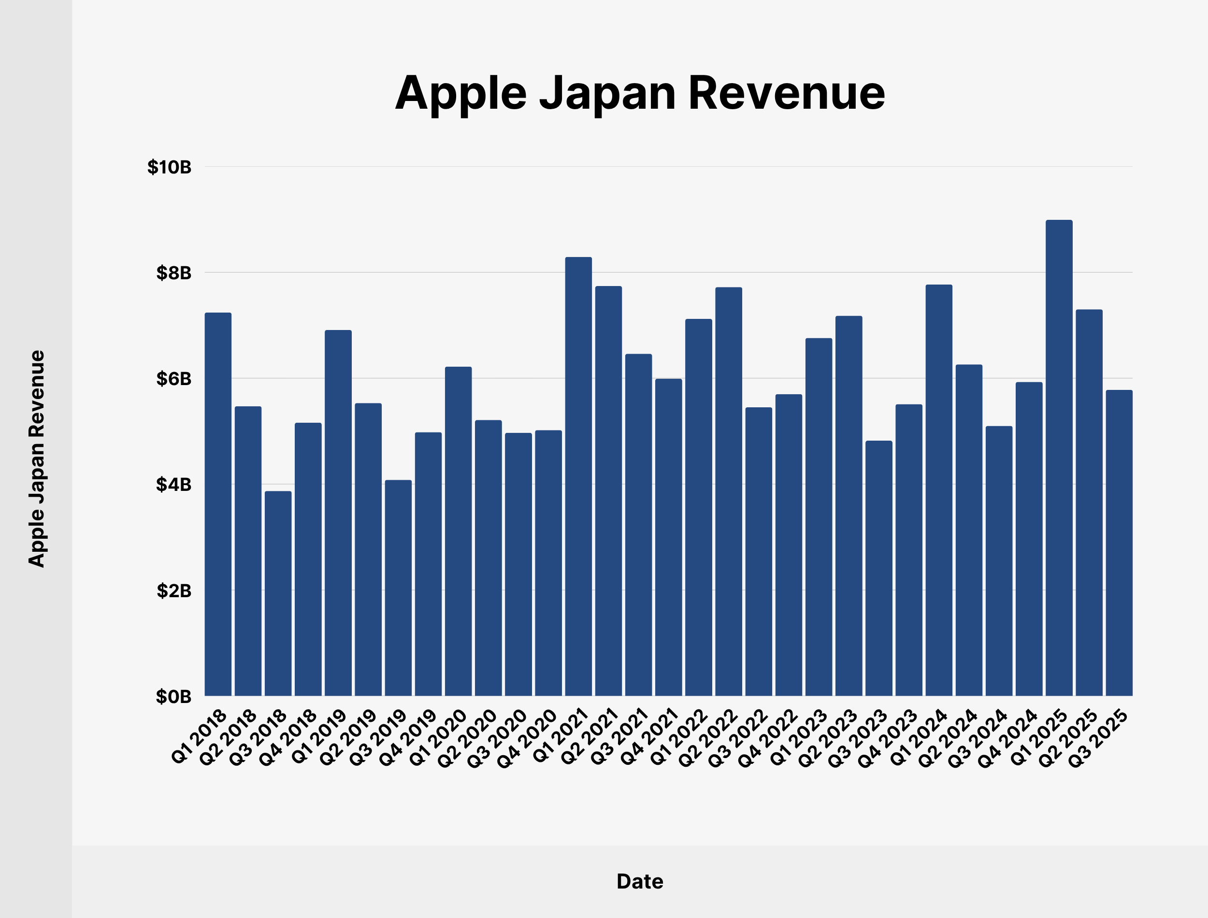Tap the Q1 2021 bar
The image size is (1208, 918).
pos(578,476)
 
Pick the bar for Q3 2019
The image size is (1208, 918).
pos(398,588)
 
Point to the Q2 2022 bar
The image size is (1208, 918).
pos(729,492)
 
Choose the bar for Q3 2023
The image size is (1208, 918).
pos(878,568)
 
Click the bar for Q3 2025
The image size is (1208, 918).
pos(1119,543)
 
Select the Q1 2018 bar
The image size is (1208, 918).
pos(218,504)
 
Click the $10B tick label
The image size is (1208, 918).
pos(170,167)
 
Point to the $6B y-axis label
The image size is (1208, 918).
pos(174,379)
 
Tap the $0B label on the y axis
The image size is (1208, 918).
pos(174,697)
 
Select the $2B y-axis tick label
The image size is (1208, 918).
pos(174,591)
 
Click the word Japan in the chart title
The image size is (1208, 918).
pos(607,94)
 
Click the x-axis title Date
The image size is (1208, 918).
pos(640,881)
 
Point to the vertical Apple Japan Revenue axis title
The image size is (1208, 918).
pos(37,459)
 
